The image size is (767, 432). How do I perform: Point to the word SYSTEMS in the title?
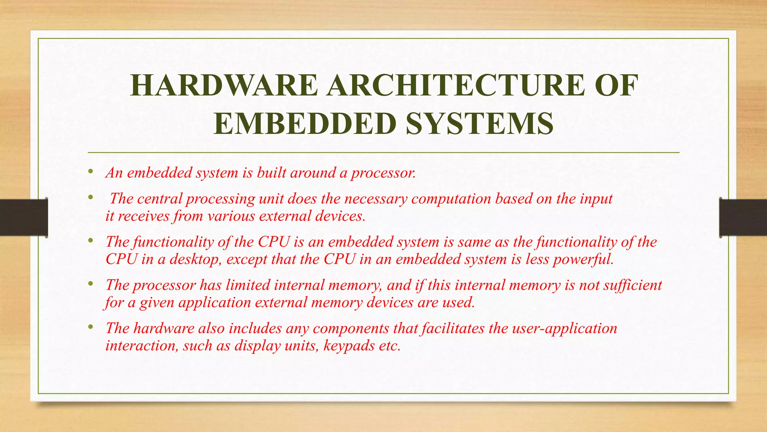(x=480, y=123)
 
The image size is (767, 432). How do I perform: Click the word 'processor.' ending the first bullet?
(x=383, y=173)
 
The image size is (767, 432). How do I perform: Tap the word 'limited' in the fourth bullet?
(x=248, y=285)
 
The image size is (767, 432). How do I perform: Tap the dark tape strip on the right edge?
(x=743, y=217)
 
